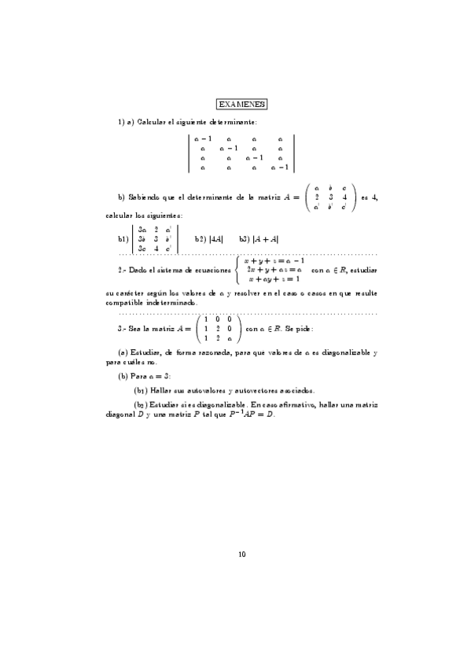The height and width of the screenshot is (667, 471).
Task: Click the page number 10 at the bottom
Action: tap(241, 555)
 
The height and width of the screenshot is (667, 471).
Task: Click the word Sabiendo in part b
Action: tap(144, 197)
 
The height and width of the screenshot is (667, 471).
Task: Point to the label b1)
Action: tap(123, 239)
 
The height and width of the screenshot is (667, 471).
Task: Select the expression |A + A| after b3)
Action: tap(267, 239)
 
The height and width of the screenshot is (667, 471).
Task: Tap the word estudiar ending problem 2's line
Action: tap(362, 270)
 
